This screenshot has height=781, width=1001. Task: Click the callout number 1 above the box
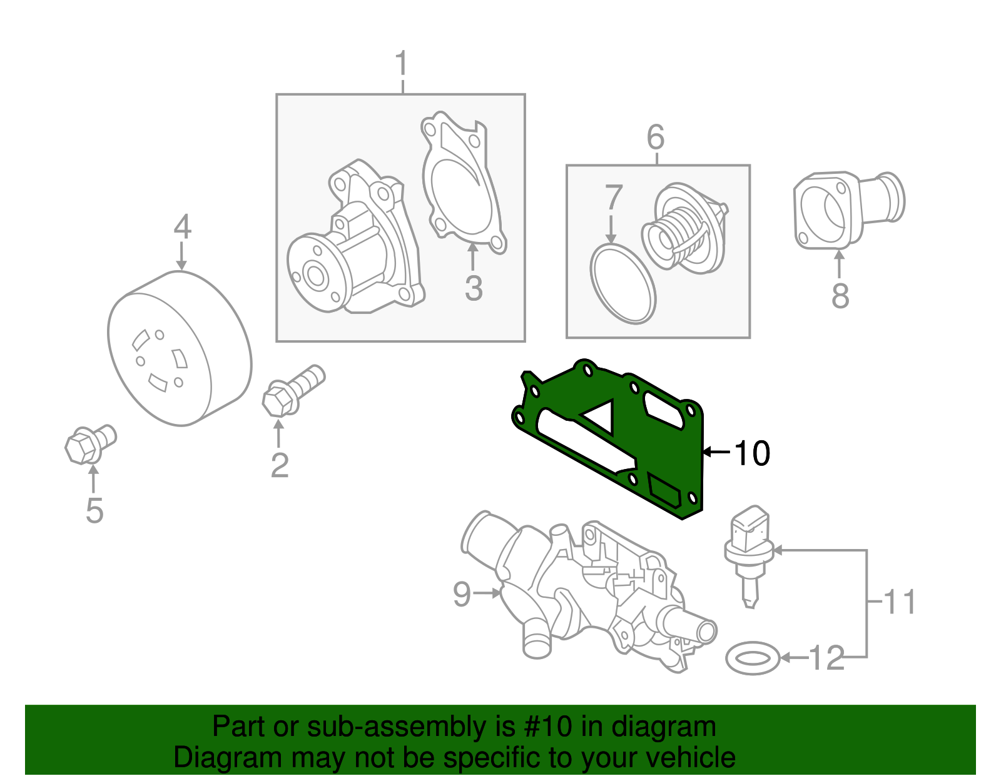point(402,64)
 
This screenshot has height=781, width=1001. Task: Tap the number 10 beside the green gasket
point(751,453)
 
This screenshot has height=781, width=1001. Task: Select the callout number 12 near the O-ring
point(826,658)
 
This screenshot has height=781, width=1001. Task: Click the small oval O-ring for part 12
point(753,658)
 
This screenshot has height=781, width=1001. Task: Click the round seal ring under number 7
point(622,284)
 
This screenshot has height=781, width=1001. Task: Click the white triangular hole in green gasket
point(601,415)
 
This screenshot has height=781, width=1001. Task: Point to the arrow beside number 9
point(487,593)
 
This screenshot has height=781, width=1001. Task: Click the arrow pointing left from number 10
point(716,451)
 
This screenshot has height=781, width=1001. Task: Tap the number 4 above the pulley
point(181,226)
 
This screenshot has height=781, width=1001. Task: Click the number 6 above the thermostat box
point(655,137)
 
